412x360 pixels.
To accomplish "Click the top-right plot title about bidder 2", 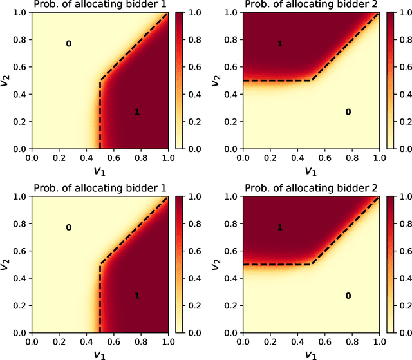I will [312, 6].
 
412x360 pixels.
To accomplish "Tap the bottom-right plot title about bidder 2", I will [312, 189].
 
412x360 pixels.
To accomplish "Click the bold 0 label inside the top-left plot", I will [69, 44].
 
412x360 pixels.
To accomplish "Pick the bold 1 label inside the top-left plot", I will [137, 112].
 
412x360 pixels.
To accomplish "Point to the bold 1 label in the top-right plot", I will [280, 44].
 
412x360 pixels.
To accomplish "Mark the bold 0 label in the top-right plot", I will [348, 112].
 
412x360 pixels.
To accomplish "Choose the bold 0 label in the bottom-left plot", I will [69, 227].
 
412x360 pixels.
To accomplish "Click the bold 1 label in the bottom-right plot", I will [280, 227].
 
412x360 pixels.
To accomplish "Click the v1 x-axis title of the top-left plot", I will [99, 171].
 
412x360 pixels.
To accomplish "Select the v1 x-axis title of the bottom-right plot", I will [312, 354].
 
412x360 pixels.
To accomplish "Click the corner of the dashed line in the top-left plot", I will [100, 81].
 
